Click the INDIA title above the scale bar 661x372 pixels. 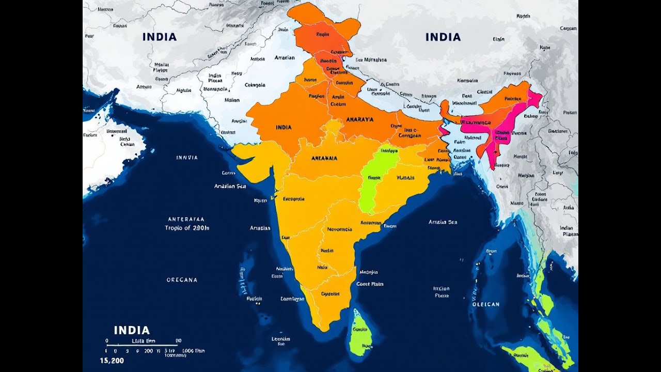click(x=132, y=330)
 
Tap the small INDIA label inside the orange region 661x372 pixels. click(x=284, y=127)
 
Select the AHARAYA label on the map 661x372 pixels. click(x=360, y=119)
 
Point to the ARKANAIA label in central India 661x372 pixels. click(x=324, y=158)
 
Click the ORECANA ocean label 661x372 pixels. click(x=182, y=280)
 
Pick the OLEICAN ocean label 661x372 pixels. click(x=486, y=304)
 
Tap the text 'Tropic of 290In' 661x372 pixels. click(x=187, y=227)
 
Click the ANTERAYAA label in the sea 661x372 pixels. click(x=186, y=219)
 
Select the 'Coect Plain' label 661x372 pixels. click(x=370, y=284)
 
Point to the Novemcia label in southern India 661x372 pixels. click(x=339, y=229)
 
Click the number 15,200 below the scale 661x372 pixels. click(x=112, y=361)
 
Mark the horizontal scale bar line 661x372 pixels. click(x=142, y=345)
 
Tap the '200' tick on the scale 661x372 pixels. click(x=149, y=351)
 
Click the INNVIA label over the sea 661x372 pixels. click(x=187, y=158)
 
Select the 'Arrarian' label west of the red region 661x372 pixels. click(x=285, y=58)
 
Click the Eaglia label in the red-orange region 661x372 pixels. click(x=322, y=35)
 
